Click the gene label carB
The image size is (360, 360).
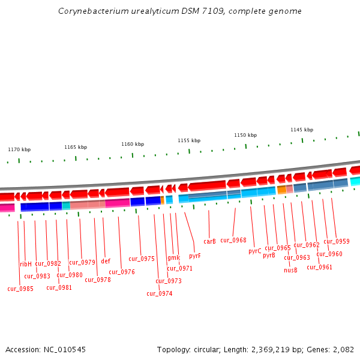pyautogui.click(x=209, y=241)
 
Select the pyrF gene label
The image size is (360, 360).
pyautogui.click(x=194, y=256)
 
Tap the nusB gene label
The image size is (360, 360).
pyautogui.click(x=290, y=270)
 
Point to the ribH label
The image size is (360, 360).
pyautogui.click(x=26, y=264)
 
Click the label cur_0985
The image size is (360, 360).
pyautogui.click(x=20, y=289)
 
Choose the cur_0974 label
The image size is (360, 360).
pyautogui.click(x=159, y=293)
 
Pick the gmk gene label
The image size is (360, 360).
pyautogui.click(x=173, y=258)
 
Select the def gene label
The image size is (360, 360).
pyautogui.click(x=106, y=261)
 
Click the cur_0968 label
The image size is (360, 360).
pyautogui.click(x=233, y=240)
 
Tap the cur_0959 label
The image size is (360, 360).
pyautogui.click(x=337, y=241)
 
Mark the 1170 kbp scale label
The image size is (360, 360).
pyautogui.click(x=19, y=149)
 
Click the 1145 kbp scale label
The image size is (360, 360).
pyautogui.click(x=302, y=130)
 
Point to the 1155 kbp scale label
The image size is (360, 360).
pyautogui.click(x=188, y=140)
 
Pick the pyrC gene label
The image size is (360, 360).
pyautogui.click(x=255, y=251)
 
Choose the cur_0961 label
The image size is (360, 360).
pyautogui.click(x=319, y=267)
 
